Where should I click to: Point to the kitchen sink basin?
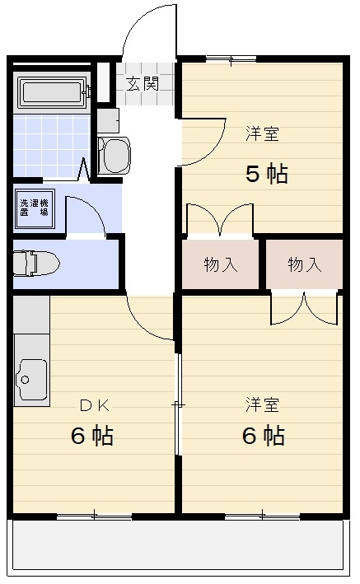pos(31,380)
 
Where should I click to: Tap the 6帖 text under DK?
pos(91,436)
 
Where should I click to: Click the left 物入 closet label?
pos(220,264)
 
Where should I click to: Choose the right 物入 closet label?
pos(304,264)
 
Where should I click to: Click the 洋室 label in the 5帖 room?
pos(262,133)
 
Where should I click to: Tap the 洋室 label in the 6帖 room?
pos(262,404)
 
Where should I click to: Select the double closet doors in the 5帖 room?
pos(219,220)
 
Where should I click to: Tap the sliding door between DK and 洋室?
pos(178,404)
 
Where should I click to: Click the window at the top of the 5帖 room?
pos(231,58)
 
